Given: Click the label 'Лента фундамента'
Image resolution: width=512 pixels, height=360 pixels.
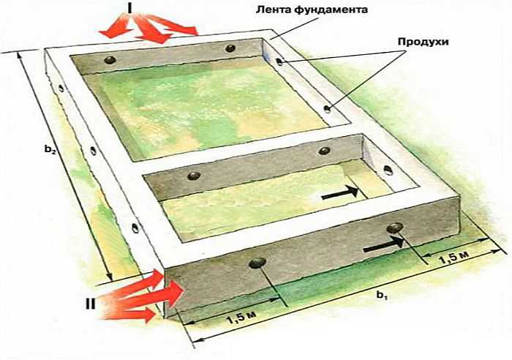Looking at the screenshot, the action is pyautogui.click(x=311, y=10).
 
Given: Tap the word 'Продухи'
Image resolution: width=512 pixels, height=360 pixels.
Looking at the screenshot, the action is pyautogui.click(x=423, y=42).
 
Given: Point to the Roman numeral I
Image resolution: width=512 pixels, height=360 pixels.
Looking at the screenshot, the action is pyautogui.click(x=129, y=9).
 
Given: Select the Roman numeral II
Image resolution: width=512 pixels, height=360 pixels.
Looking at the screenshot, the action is pyautogui.click(x=90, y=304).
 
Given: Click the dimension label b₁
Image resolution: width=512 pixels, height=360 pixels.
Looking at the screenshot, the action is pyautogui.click(x=381, y=295).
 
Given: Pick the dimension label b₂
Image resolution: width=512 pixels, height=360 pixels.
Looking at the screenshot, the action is pyautogui.click(x=50, y=149).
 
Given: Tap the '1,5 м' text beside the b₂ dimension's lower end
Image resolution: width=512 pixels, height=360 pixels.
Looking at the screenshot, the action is pyautogui.click(x=241, y=318).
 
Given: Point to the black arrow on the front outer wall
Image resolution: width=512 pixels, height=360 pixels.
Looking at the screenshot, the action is pyautogui.click(x=384, y=244).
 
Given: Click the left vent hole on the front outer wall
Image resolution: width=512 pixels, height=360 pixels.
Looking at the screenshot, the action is pyautogui.click(x=257, y=263).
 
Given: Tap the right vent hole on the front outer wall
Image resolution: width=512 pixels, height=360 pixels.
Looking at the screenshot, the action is pyautogui.click(x=395, y=228).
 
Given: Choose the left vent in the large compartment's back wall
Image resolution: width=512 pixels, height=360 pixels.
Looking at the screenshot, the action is pyautogui.click(x=110, y=60).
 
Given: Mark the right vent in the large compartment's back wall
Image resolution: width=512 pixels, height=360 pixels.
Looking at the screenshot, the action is pyautogui.click(x=230, y=48).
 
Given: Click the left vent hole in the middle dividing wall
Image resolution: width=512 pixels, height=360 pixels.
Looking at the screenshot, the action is pyautogui.click(x=194, y=176).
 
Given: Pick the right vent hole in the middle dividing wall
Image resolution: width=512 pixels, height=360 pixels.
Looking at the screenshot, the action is pyautogui.click(x=324, y=151).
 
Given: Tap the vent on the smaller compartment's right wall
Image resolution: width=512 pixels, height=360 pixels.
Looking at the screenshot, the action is pyautogui.click(x=388, y=170).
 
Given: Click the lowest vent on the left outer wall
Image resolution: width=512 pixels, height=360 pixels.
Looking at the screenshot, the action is pyautogui.click(x=135, y=228).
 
